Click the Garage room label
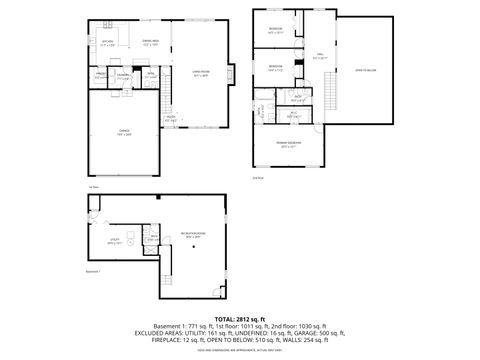124,133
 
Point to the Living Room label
200,73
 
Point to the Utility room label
113,241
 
